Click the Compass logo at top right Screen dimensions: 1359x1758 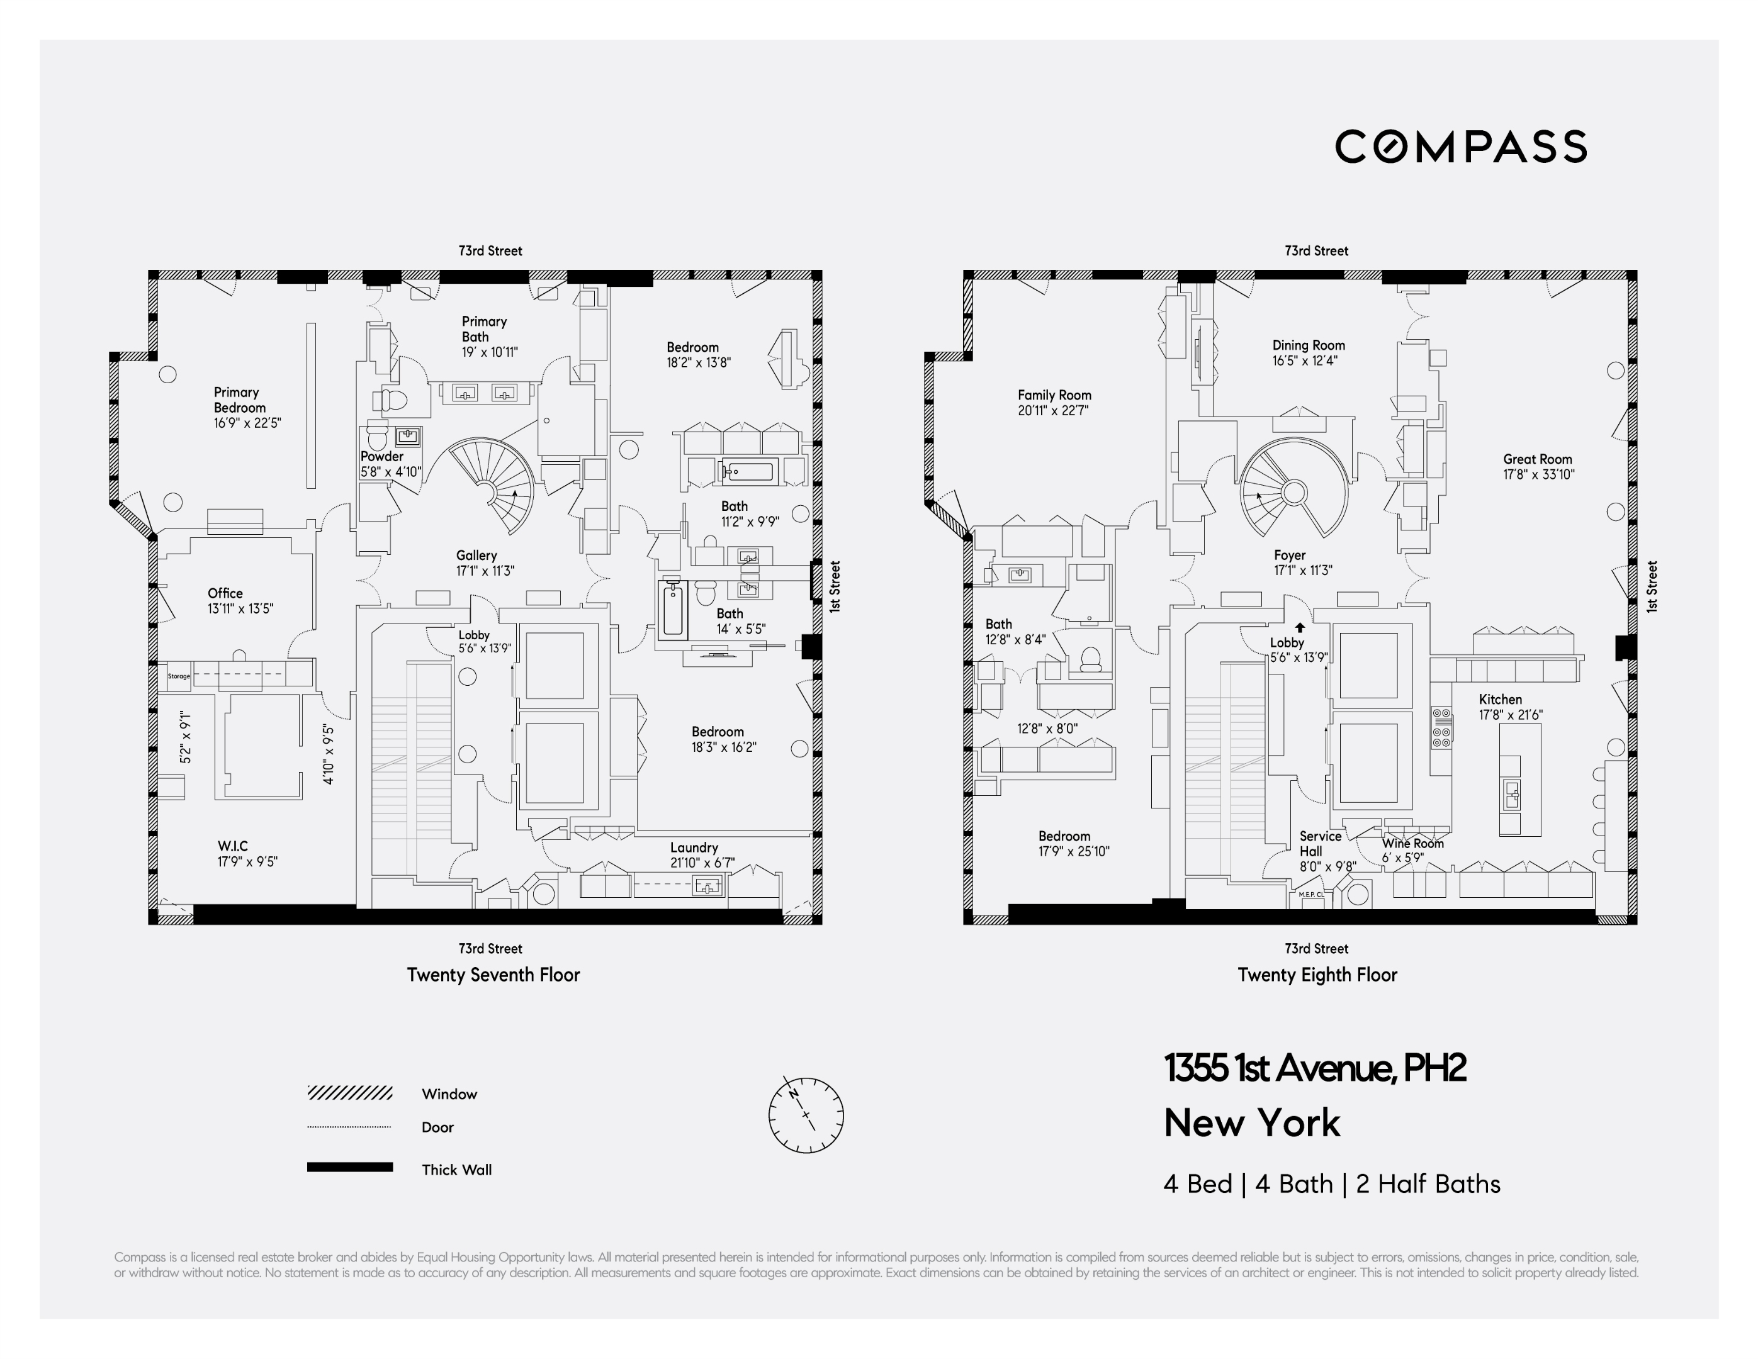pos(1460,147)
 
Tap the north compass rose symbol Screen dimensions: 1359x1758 pos(806,1114)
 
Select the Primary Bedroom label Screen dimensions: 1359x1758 pos(237,400)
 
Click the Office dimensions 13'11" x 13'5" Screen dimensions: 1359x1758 pos(240,609)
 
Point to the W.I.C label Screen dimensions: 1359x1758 pos(233,846)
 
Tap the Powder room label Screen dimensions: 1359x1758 pos(381,456)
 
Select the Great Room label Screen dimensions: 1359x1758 pos(1536,459)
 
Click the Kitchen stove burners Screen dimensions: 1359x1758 pos(1441,727)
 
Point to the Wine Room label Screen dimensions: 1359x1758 pos(1412,843)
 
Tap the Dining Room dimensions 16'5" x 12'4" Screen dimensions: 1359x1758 pos(1304,361)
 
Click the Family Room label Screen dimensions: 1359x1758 pos(1054,395)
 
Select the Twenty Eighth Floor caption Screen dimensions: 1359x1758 pos(1317,975)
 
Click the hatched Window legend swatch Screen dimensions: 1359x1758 pos(349,1093)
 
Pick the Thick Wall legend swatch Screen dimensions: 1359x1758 pos(349,1166)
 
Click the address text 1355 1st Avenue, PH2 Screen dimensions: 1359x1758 pos(1314,1068)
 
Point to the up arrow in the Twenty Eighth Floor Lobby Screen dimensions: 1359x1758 pos(1299,627)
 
